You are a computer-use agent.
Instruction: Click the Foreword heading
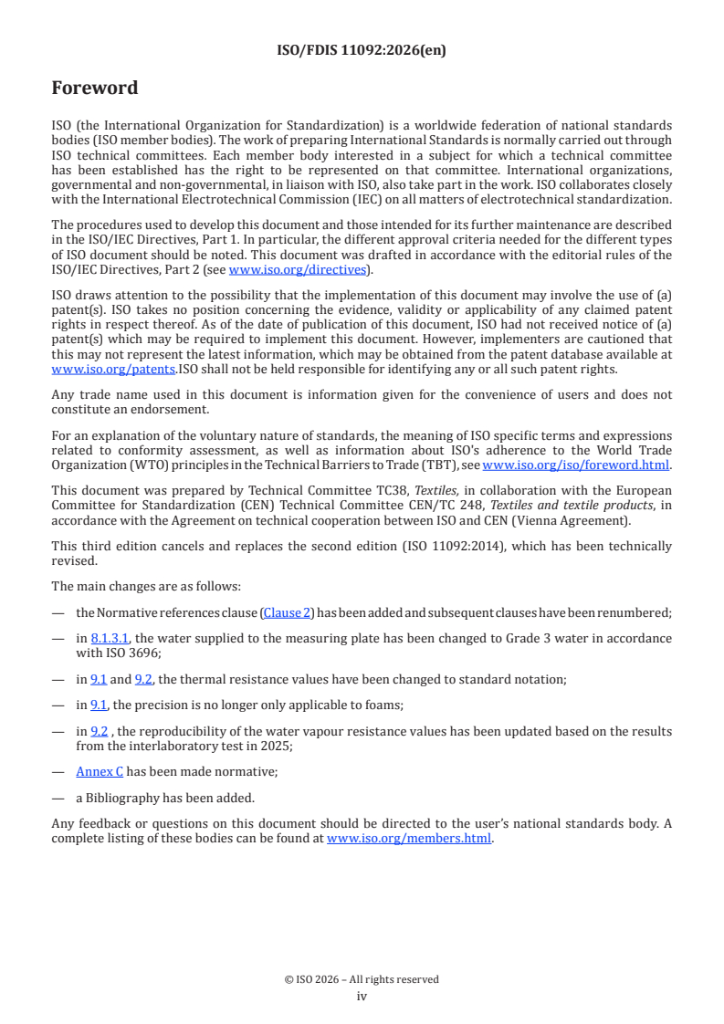point(95,89)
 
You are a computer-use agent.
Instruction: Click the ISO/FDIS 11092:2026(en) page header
point(362,51)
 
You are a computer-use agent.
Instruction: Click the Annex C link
point(100,771)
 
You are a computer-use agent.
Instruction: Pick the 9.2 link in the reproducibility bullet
point(99,731)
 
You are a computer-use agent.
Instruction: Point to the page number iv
point(362,997)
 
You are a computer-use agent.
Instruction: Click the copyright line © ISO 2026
point(362,979)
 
